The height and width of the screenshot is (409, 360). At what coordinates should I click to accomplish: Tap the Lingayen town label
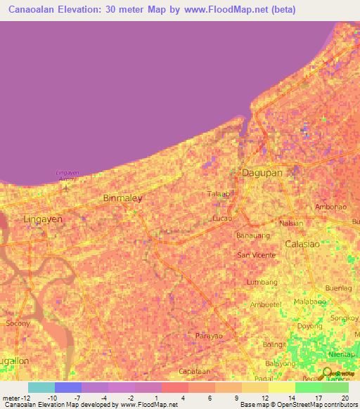point(43,219)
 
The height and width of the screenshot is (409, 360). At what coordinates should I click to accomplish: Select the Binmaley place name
point(122,198)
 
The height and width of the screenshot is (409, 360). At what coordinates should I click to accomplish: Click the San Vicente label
point(256,254)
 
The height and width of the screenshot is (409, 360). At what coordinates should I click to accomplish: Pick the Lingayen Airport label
point(65,176)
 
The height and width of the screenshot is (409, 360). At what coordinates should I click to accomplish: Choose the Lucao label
point(222,219)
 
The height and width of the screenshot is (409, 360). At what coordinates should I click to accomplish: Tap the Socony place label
point(18,323)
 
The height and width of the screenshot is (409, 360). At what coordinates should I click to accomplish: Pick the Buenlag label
point(338,288)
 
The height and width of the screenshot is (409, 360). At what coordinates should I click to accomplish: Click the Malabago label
point(310,301)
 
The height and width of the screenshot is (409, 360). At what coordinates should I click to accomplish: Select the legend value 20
point(344,398)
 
